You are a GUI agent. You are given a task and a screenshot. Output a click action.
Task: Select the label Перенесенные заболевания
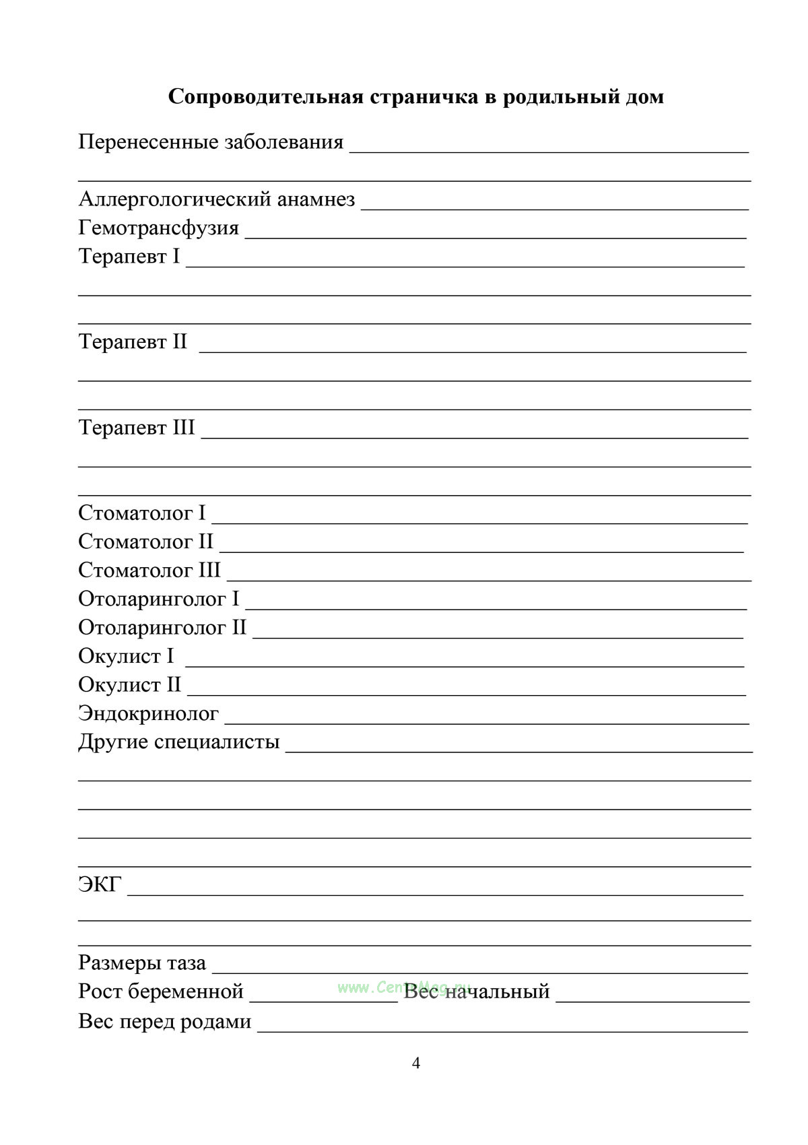pos(211,142)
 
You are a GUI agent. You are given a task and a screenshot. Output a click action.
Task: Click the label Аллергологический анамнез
pos(217,199)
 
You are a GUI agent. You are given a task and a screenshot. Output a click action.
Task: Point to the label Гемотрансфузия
pos(159,228)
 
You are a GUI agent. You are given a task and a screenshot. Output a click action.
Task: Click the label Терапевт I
pos(129,257)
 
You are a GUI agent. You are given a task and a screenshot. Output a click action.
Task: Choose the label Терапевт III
pos(137,428)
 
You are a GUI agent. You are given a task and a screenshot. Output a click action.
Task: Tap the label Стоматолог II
pos(145,542)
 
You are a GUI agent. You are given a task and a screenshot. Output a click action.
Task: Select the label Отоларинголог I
pos(159,599)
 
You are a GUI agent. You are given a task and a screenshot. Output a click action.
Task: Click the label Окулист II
pos(130,685)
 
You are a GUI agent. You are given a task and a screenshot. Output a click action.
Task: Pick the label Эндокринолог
pos(149,713)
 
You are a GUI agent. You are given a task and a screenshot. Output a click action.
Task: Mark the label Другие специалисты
pos(179,742)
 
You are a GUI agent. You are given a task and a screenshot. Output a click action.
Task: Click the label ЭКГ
pos(100,884)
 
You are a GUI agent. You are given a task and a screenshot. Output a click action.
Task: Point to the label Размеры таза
pos(142,963)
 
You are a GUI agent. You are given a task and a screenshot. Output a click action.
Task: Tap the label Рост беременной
pos(161,991)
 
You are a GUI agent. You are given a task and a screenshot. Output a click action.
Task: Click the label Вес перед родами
pos(165,1022)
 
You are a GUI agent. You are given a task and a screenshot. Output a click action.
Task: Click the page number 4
pos(415,1064)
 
